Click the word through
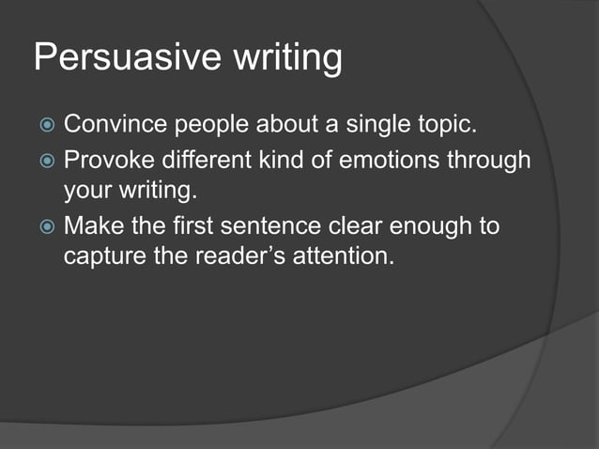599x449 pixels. [488, 161]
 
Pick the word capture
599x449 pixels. [102, 256]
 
